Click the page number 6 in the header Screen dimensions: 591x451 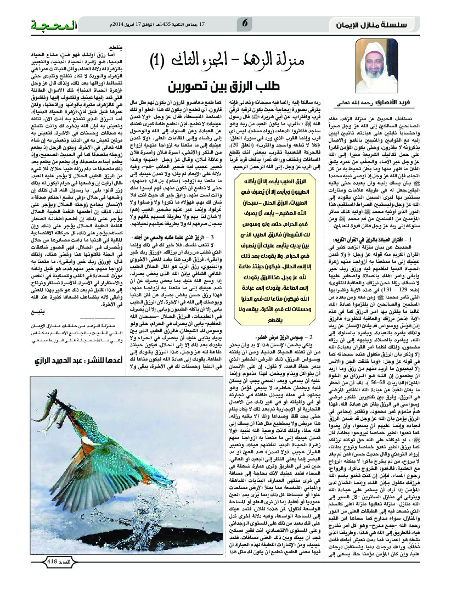[245, 24]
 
